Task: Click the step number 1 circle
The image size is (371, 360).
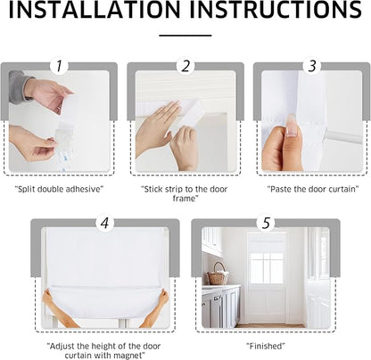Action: [59, 66]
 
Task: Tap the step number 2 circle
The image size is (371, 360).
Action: [185, 66]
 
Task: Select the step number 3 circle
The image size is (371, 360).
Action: [312, 66]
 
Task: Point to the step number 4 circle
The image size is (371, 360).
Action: [105, 223]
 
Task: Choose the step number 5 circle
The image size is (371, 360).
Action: [266, 223]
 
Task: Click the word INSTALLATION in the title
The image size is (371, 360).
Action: [95, 10]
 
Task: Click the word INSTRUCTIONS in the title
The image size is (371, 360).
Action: [276, 10]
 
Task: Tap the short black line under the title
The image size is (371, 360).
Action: [185, 36]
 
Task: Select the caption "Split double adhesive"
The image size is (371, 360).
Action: [59, 189]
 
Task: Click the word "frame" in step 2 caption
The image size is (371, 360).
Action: [185, 198]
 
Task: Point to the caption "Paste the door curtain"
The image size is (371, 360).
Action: [312, 189]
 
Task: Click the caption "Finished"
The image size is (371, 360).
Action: [266, 346]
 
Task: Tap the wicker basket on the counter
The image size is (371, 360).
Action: [218, 274]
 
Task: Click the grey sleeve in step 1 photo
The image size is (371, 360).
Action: [19, 86]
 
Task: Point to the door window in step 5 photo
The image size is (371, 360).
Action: [267, 268]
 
